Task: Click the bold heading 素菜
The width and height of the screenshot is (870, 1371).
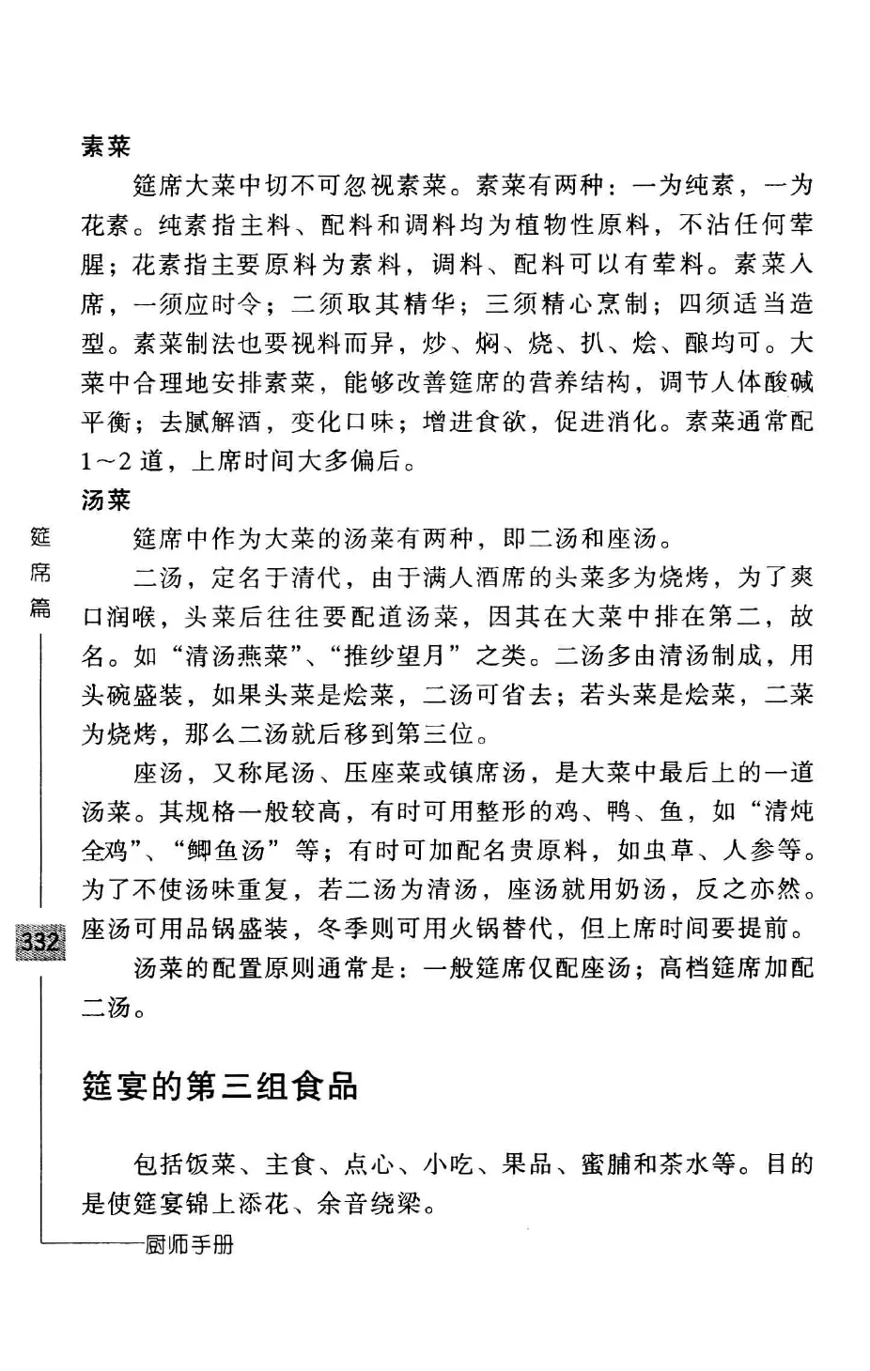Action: [x=106, y=146]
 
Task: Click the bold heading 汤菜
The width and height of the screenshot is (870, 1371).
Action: [x=106, y=500]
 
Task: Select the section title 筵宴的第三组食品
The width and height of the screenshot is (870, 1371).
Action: [x=220, y=1086]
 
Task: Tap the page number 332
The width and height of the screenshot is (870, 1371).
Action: [x=41, y=940]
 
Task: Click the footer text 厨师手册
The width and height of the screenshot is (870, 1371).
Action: [x=190, y=1245]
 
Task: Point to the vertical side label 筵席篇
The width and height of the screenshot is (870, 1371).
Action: [x=41, y=572]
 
